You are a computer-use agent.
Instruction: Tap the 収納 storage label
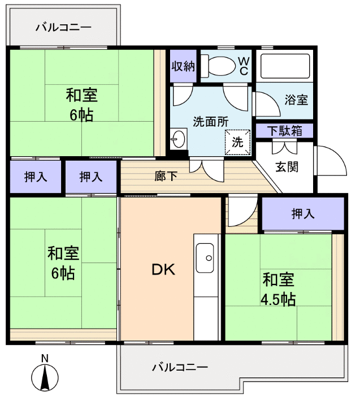[183, 66]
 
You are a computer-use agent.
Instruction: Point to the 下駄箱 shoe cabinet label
[284, 131]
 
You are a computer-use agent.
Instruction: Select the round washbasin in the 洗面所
[179, 138]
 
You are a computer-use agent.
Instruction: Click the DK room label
[163, 270]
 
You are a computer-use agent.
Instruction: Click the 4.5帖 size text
[278, 299]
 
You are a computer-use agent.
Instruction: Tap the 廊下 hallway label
[166, 176]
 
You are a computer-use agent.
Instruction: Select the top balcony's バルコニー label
[63, 26]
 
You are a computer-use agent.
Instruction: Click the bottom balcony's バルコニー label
[180, 367]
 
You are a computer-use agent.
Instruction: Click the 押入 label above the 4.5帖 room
[302, 213]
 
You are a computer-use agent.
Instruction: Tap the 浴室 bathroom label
[296, 101]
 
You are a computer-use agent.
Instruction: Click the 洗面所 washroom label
[211, 121]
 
